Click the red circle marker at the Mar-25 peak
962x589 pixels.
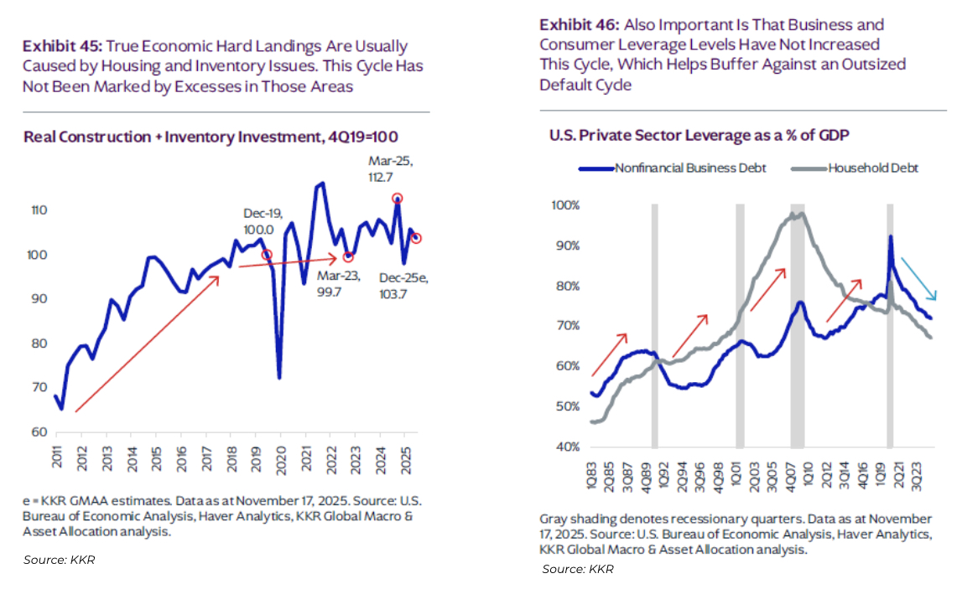(397, 199)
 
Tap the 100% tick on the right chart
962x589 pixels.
(566, 205)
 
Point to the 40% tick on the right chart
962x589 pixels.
(566, 447)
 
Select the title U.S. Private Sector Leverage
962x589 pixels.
(679, 136)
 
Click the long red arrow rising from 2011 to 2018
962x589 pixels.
(148, 344)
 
